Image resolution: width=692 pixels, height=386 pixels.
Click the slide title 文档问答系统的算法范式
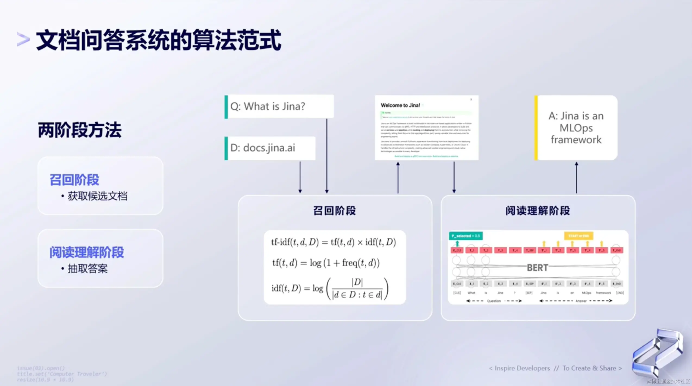pyautogui.click(x=159, y=40)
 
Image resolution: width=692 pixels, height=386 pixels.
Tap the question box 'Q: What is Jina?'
pyautogui.click(x=279, y=106)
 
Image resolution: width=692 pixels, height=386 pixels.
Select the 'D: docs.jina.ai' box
pyautogui.click(x=270, y=148)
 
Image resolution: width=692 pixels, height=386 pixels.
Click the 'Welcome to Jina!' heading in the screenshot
pyautogui.click(x=400, y=105)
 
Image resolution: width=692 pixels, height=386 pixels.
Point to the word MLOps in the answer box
pyautogui.click(x=576, y=128)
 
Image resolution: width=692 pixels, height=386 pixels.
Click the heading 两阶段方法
pyautogui.click(x=80, y=130)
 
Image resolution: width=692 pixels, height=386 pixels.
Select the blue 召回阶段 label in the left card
pyautogui.click(x=74, y=180)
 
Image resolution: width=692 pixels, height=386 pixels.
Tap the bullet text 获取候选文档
pyautogui.click(x=97, y=196)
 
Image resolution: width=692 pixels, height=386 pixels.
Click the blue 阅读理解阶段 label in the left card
pyautogui.click(x=86, y=252)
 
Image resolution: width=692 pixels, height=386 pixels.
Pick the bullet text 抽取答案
pyautogui.click(x=87, y=269)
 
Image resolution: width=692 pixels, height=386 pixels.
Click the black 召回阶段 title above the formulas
pyautogui.click(x=334, y=211)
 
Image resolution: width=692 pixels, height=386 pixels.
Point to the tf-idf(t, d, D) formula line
pyautogui.click(x=334, y=242)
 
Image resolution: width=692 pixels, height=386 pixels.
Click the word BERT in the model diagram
pyautogui.click(x=537, y=268)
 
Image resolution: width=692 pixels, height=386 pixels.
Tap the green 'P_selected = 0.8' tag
pyautogui.click(x=465, y=236)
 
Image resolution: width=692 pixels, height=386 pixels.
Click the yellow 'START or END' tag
pyautogui.click(x=578, y=236)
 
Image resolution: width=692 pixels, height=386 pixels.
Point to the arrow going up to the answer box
pyautogui.click(x=576, y=178)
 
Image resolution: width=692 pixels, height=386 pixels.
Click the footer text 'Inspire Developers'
pyautogui.click(x=522, y=368)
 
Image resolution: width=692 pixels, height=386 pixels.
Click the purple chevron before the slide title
pyautogui.click(x=23, y=40)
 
